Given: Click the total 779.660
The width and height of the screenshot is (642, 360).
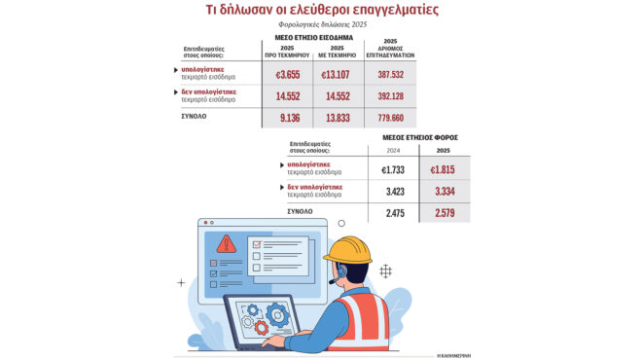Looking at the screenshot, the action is pyautogui.click(x=391, y=118).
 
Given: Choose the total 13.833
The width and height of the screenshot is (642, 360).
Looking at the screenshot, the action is pyautogui.click(x=337, y=118).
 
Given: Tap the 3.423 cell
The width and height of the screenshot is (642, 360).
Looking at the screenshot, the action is pyautogui.click(x=394, y=191).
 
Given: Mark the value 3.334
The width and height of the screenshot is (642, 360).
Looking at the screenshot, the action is pyautogui.click(x=444, y=191).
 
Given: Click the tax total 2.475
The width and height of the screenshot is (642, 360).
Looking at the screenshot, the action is pyautogui.click(x=394, y=211).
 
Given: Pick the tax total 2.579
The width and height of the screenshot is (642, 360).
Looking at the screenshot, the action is pyautogui.click(x=444, y=211).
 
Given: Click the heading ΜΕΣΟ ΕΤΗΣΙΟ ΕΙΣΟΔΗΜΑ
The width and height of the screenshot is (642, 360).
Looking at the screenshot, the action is pyautogui.click(x=313, y=37).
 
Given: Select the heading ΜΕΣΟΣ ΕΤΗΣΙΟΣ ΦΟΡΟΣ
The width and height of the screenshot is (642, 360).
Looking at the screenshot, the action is pyautogui.click(x=419, y=137).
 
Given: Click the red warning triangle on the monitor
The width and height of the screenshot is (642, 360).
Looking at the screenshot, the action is pyautogui.click(x=226, y=243).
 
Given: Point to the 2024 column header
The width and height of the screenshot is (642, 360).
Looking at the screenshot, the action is pyautogui.click(x=394, y=150).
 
